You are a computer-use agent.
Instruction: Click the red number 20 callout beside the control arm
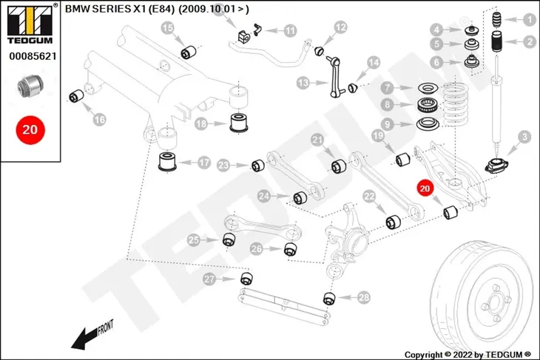click(x=425, y=188)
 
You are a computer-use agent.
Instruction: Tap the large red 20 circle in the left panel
click(x=30, y=130)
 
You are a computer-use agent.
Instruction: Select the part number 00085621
click(x=33, y=56)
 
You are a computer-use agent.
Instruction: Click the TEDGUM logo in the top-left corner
click(x=30, y=24)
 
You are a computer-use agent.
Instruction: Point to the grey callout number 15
click(x=168, y=28)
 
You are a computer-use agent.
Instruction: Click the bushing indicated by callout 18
click(x=238, y=122)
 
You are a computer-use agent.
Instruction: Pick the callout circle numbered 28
click(x=364, y=297)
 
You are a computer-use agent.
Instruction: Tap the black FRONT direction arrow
click(x=84, y=339)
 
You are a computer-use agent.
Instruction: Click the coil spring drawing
click(x=455, y=104)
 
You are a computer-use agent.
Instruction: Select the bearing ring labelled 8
click(x=428, y=105)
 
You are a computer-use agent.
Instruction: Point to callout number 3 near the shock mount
click(x=524, y=137)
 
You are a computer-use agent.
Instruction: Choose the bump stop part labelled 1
click(x=496, y=20)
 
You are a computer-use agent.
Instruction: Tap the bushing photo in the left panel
click(x=30, y=85)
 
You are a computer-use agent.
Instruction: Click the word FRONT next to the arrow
click(x=106, y=327)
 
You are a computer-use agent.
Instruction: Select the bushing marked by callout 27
click(x=246, y=278)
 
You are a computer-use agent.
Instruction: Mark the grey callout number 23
click(x=223, y=166)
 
